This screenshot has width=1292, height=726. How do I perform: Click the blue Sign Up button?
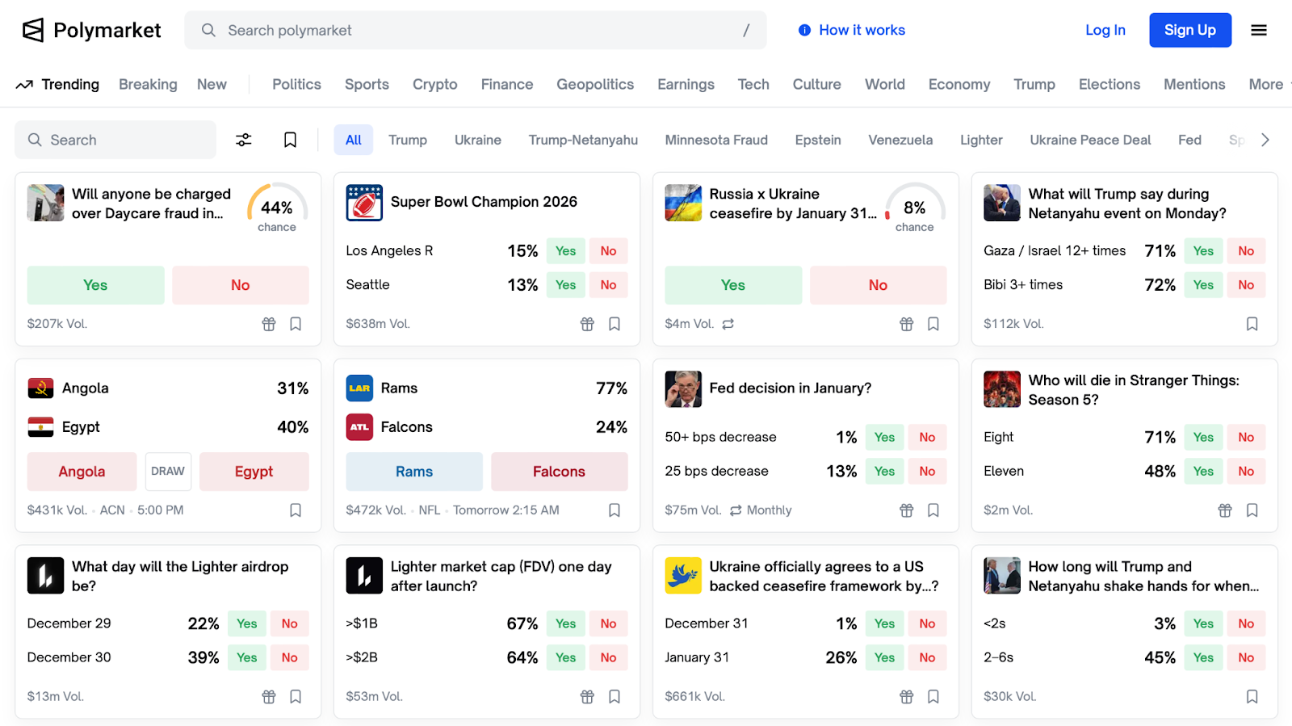click(x=1189, y=30)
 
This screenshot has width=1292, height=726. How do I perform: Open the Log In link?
click(x=1105, y=30)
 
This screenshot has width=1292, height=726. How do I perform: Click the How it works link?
click(x=852, y=30)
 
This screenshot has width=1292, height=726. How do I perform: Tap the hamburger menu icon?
click(x=1258, y=30)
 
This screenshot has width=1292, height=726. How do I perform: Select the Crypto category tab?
click(x=434, y=84)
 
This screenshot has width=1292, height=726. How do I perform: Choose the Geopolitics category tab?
click(x=594, y=84)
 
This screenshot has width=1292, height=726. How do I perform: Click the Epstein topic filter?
click(x=817, y=140)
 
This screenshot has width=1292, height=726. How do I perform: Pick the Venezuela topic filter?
click(x=900, y=140)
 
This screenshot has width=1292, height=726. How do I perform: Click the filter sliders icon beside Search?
click(x=243, y=140)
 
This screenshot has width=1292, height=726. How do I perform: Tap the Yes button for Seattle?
click(x=565, y=285)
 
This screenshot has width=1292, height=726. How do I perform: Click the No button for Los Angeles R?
click(x=608, y=251)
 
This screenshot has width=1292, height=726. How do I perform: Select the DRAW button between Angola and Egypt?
click(x=168, y=472)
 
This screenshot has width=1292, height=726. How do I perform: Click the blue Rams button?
click(x=413, y=472)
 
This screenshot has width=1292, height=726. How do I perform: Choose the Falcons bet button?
click(x=559, y=472)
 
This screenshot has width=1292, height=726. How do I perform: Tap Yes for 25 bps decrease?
click(x=884, y=472)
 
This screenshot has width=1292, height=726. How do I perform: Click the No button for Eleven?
click(x=1245, y=472)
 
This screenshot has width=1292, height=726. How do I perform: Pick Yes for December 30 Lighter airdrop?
click(x=246, y=657)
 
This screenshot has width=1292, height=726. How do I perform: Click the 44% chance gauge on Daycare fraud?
click(x=276, y=208)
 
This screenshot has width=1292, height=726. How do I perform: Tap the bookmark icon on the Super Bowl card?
click(x=615, y=324)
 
